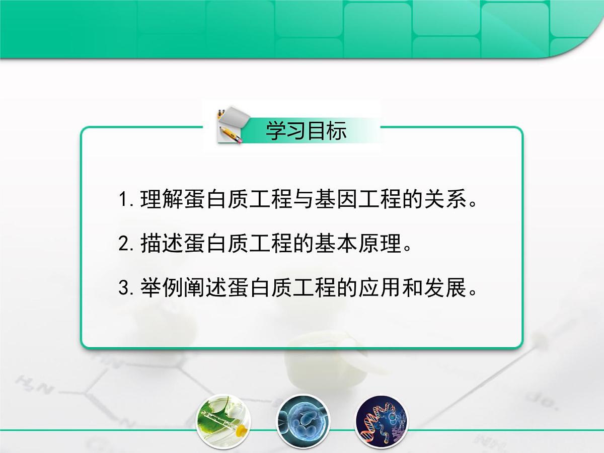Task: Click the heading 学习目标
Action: [306, 131]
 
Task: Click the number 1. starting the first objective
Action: [125, 200]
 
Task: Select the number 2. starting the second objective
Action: [125, 245]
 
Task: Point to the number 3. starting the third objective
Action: [125, 288]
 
